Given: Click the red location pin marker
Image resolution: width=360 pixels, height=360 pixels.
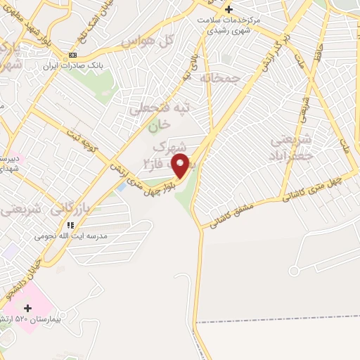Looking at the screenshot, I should pos(181,165).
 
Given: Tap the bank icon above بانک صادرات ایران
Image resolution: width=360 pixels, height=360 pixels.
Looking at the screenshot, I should pos(73,55).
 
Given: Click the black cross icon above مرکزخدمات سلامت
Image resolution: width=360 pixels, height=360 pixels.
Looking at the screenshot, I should pos(229,9).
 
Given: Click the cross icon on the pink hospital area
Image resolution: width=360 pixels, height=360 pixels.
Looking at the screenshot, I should pos(28,308).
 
